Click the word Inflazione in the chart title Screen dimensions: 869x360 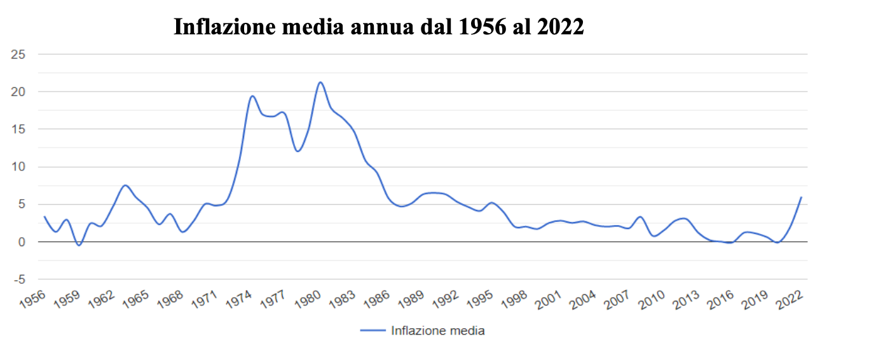coord(225,27)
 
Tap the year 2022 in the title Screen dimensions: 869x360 coord(561,27)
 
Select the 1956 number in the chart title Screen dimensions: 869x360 coord(482,27)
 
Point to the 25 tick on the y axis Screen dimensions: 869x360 coord(18,54)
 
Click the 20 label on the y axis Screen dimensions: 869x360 coord(18,92)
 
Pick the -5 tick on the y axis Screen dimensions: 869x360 coord(20,280)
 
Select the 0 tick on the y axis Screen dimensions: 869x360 coord(22,242)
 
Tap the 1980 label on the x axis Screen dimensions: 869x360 coord(308,300)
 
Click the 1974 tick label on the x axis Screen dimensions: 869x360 coord(238,300)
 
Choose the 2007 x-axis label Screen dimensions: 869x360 coord(617,300)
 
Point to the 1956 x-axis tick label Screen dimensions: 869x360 coord(32,300)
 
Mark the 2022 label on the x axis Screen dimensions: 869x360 coord(790,300)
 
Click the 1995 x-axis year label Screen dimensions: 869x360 coord(480,300)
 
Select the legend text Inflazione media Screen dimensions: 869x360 coord(438,331)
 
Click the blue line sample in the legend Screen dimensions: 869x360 coord(373,331)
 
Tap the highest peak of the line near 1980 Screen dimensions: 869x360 coord(320,82)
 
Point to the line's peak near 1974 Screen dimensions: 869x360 coord(252,96)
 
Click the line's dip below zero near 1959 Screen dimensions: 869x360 coord(79,245)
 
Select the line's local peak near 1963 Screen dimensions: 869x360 coord(125,185)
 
